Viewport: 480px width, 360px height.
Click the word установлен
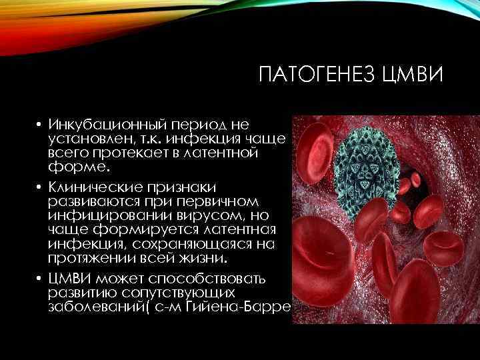point(86,139)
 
